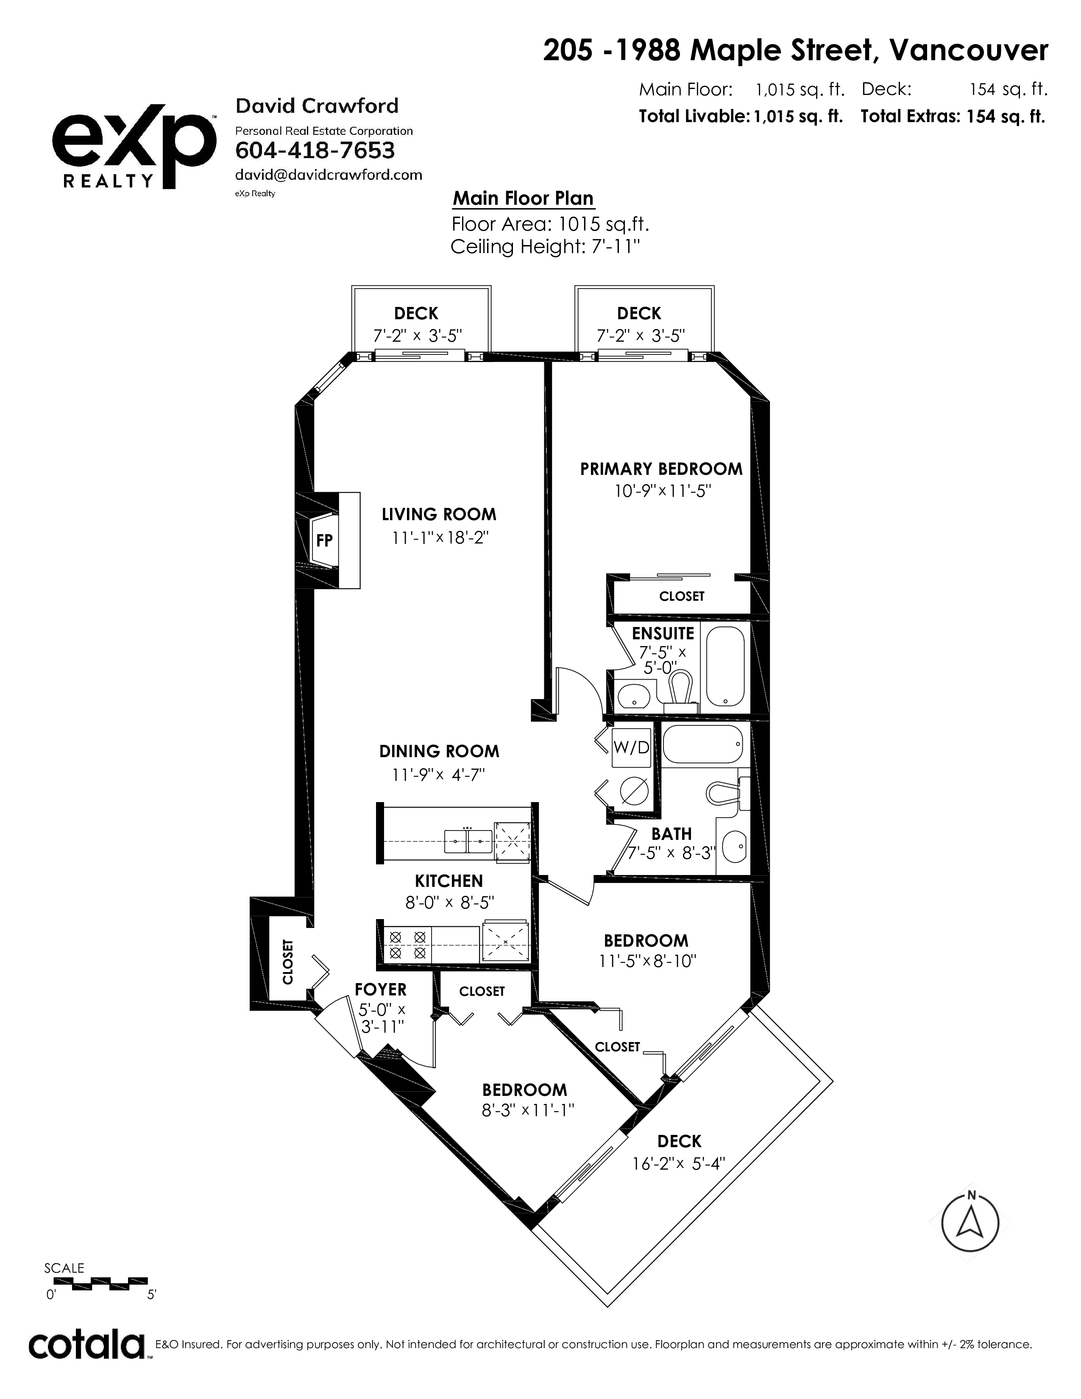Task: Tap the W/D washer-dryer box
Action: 632,747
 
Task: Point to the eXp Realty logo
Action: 133,150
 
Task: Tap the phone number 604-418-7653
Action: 315,150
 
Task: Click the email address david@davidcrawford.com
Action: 329,175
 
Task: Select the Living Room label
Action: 439,514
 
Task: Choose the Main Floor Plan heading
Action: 523,198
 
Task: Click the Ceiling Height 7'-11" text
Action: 546,247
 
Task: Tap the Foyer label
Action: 380,989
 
